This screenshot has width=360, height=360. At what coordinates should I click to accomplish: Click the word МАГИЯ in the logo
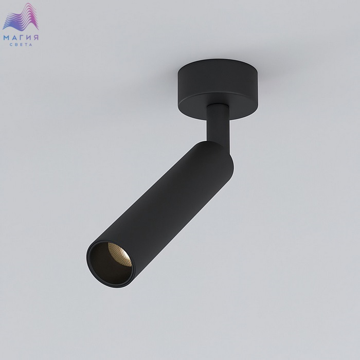pos(21,38)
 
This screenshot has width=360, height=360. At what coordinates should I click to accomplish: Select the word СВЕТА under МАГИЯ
pos(21,45)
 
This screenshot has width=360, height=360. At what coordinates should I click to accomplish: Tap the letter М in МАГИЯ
pos(6,38)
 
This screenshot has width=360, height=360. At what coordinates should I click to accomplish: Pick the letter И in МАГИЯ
pos(29,38)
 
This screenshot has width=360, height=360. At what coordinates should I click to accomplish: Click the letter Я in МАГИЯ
pos(36,38)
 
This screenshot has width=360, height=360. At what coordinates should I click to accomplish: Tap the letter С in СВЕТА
pos(11,45)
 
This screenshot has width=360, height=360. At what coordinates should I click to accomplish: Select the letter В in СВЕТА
pos(16,45)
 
